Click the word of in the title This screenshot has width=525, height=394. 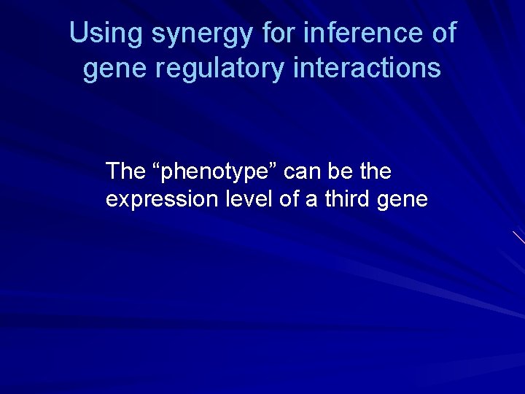click(x=443, y=33)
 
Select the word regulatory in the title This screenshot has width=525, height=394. click(x=219, y=69)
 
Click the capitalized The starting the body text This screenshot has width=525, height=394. click(x=125, y=172)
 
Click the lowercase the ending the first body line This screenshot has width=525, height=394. click(x=375, y=172)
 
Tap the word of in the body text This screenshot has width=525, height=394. click(x=289, y=199)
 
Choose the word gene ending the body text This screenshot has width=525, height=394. click(x=405, y=201)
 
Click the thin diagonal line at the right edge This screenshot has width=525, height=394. click(x=518, y=237)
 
